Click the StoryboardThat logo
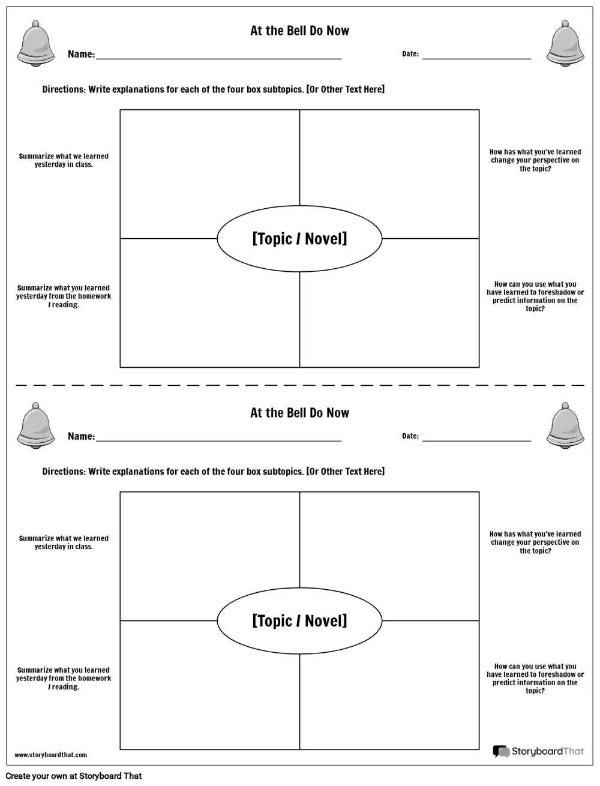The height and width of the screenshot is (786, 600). pyautogui.click(x=538, y=751)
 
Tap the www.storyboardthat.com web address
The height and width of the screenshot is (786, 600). pyautogui.click(x=50, y=755)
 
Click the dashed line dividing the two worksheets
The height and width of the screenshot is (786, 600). pyautogui.click(x=300, y=385)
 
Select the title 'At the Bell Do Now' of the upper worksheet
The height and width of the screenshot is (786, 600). pyautogui.click(x=299, y=31)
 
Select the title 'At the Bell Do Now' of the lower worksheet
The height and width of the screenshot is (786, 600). pyautogui.click(x=299, y=413)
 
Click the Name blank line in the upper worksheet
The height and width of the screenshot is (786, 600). pyautogui.click(x=218, y=59)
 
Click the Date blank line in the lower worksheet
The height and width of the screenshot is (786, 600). pyautogui.click(x=476, y=440)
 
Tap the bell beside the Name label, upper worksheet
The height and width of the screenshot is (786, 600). pyautogui.click(x=35, y=43)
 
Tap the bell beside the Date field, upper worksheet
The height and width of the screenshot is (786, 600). pyautogui.click(x=565, y=43)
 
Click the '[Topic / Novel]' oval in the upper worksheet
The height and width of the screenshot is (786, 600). pyautogui.click(x=299, y=239)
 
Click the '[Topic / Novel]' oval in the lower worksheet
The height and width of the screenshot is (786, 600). pyautogui.click(x=299, y=621)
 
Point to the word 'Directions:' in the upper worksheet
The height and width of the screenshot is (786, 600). pyautogui.click(x=64, y=89)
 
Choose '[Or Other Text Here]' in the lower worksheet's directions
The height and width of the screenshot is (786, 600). pyautogui.click(x=346, y=472)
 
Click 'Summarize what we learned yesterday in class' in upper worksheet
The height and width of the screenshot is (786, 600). pyautogui.click(x=64, y=160)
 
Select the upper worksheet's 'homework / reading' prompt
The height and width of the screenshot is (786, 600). pyautogui.click(x=64, y=296)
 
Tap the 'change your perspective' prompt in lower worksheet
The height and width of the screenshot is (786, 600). pyautogui.click(x=535, y=542)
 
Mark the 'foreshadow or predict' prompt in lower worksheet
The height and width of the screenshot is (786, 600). pyautogui.click(x=535, y=679)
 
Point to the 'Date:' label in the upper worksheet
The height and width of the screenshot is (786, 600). pyautogui.click(x=410, y=54)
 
